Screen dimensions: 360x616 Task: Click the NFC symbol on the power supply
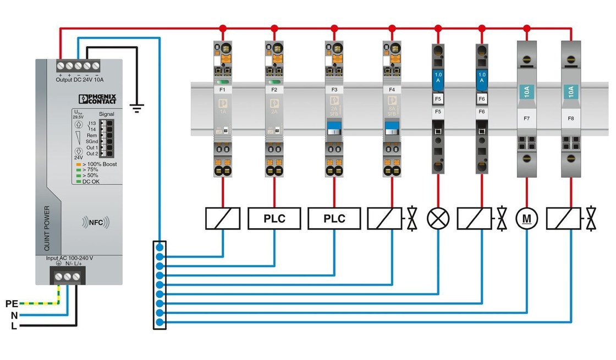[x=96, y=222]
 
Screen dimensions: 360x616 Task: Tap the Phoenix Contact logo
[x=98, y=99]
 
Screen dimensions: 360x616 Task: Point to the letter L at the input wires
[x=13, y=326]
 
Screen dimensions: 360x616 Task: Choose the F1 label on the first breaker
[x=223, y=88]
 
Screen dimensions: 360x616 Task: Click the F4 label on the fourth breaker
[x=392, y=88]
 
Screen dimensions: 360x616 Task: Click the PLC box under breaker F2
[x=274, y=219]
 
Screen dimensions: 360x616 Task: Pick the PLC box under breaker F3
[x=334, y=219]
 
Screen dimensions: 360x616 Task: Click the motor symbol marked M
[x=527, y=219]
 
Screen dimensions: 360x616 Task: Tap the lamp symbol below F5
[x=438, y=219]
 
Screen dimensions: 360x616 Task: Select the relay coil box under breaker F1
[x=223, y=219]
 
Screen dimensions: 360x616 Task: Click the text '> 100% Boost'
[x=99, y=164]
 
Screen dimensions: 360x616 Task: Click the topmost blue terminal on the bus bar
[x=159, y=247]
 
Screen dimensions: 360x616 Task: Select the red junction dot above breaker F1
[x=223, y=28]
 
